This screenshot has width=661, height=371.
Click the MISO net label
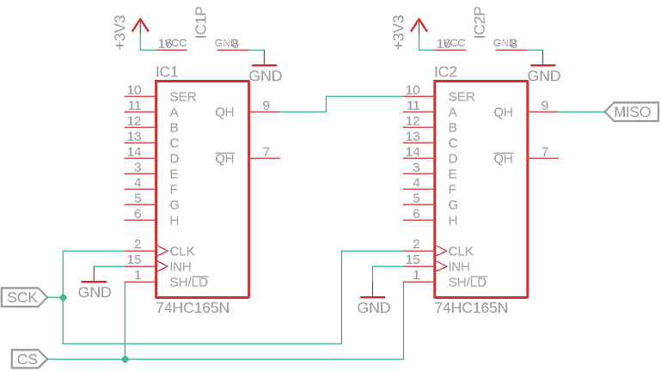click(x=632, y=112)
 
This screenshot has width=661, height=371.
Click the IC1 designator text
click(x=167, y=71)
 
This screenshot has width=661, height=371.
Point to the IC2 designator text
click(x=445, y=71)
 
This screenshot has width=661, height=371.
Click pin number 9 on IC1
click(x=266, y=106)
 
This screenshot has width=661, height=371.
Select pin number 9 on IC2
click(x=545, y=106)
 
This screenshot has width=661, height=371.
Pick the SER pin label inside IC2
click(x=462, y=97)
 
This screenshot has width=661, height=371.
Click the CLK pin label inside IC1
click(x=182, y=252)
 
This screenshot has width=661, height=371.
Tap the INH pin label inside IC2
click(x=460, y=267)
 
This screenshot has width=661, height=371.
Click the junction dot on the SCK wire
click(x=64, y=297)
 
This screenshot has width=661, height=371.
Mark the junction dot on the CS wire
click(x=125, y=358)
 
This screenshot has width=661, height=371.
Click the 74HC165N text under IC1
click(x=193, y=307)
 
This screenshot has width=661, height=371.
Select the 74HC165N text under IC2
click(x=471, y=307)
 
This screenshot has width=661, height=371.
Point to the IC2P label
click(x=480, y=23)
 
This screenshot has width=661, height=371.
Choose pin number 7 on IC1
click(x=266, y=152)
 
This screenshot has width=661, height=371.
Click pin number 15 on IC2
click(x=413, y=259)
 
